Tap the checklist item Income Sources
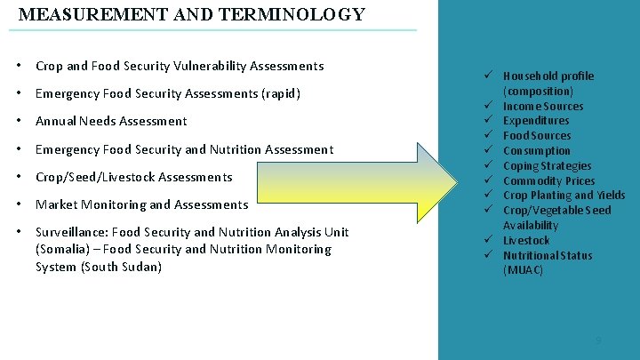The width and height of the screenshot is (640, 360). (543, 106)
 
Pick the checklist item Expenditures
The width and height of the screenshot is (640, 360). (536, 121)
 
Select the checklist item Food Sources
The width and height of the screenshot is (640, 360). (537, 136)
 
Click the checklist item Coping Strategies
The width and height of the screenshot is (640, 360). (548, 165)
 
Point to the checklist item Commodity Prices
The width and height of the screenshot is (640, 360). (548, 180)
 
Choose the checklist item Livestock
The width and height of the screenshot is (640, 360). (526, 240)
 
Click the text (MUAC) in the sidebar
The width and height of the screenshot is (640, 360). (523, 270)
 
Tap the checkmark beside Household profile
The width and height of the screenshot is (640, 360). (488, 76)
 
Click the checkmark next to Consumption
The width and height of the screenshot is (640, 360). (488, 150)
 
